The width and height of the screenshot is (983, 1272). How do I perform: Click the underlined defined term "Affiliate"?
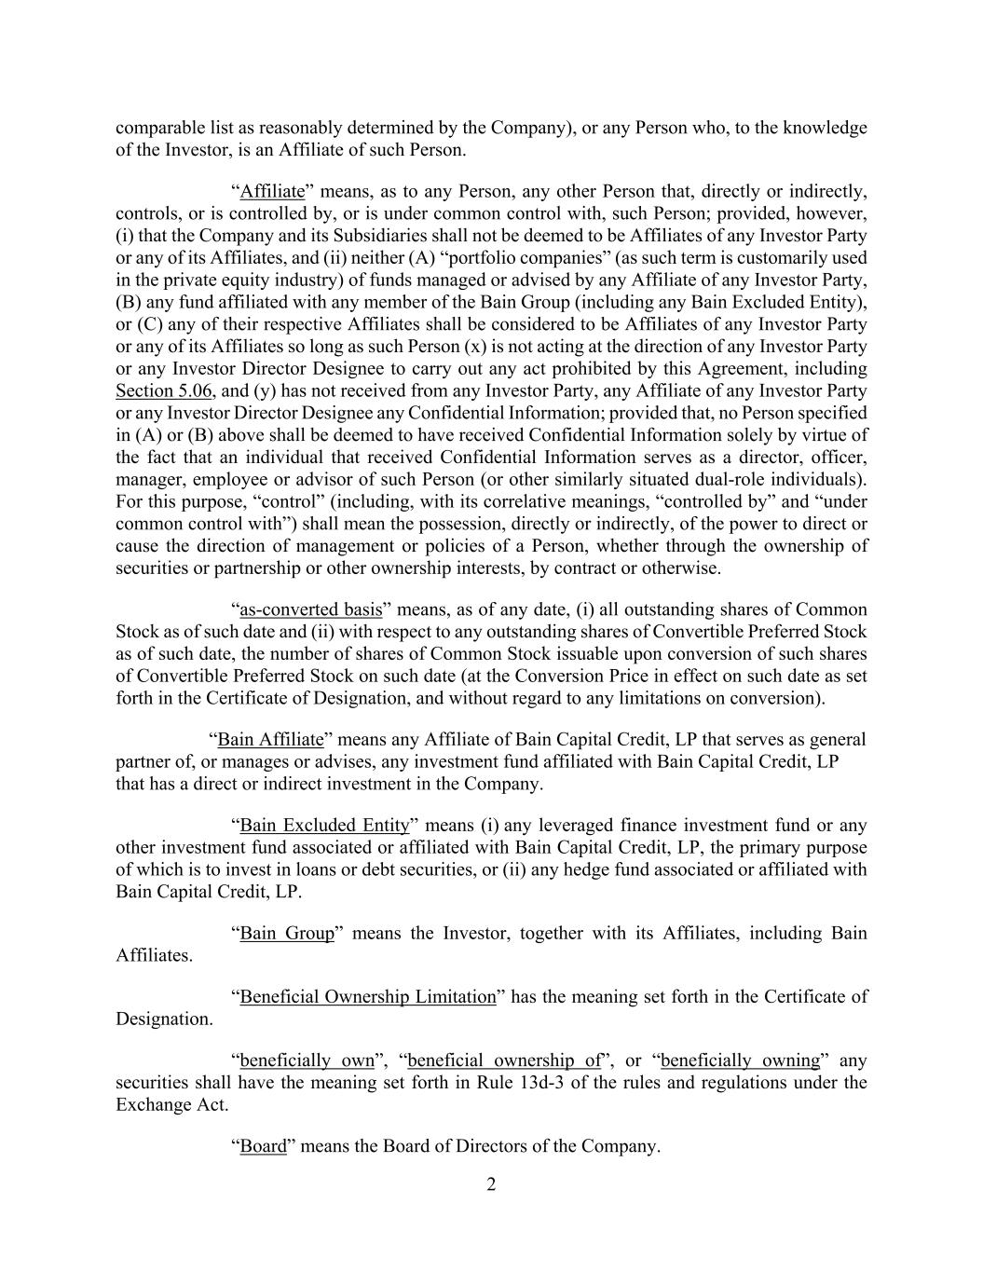272,192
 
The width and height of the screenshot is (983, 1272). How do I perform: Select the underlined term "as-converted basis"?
311,610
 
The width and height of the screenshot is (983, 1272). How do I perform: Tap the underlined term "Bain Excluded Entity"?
324,826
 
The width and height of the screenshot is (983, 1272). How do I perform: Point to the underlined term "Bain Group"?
287,934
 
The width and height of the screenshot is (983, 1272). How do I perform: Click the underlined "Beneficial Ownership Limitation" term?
368,997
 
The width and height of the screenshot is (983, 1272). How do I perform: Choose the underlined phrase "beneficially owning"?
740,1060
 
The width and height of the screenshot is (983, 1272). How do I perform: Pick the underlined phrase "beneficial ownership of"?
504,1060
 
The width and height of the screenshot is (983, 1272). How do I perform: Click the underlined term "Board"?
263,1146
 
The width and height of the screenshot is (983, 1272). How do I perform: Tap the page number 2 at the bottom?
491,1184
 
